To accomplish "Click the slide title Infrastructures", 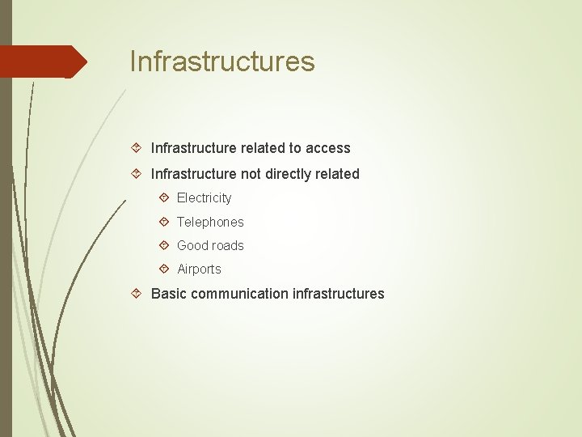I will click(x=222, y=62).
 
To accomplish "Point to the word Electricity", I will click(x=204, y=198).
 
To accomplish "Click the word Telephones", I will click(x=210, y=222).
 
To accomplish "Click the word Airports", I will click(x=199, y=269).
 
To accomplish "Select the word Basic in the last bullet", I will click(x=167, y=294).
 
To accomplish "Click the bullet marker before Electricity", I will click(x=164, y=197).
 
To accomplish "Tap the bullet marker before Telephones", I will click(x=164, y=221).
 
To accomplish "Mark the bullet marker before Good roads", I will click(x=164, y=244).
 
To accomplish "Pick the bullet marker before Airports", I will click(x=164, y=269).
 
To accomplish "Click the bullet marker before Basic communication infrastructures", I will click(x=137, y=293).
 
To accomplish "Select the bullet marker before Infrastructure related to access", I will click(x=137, y=147).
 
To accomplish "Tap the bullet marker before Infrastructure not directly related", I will click(x=137, y=173).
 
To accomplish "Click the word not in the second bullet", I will click(x=251, y=174).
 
